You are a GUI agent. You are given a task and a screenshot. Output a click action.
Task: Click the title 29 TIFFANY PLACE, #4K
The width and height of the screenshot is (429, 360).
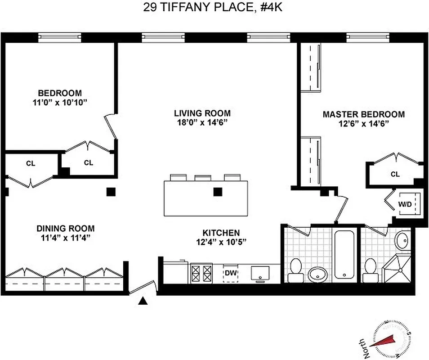(214, 7)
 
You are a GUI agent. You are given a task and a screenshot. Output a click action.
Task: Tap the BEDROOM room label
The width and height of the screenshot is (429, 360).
(60, 93)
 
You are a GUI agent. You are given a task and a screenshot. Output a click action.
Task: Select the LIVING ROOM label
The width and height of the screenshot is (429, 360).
(202, 113)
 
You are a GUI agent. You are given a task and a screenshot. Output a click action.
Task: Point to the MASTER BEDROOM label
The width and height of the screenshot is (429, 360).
(363, 114)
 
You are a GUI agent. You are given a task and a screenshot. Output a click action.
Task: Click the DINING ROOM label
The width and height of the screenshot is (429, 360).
(66, 229)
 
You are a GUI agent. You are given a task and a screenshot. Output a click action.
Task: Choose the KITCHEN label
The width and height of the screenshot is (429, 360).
(221, 233)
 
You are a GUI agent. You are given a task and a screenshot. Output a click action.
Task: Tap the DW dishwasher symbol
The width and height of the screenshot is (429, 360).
(231, 273)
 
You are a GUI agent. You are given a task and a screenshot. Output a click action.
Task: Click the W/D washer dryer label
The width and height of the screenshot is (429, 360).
(405, 204)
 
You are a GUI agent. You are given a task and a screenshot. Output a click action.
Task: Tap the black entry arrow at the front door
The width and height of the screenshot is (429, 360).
(143, 301)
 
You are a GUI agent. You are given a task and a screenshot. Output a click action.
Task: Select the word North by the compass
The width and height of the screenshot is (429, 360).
(367, 348)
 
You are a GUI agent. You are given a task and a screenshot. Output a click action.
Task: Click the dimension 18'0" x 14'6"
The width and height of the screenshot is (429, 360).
(202, 122)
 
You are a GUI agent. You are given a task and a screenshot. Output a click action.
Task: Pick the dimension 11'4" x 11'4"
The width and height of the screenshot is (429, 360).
(66, 238)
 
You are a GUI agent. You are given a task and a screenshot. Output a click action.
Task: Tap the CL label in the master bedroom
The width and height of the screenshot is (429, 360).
(395, 174)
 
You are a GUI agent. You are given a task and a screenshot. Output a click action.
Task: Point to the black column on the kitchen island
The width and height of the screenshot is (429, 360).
(218, 192)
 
